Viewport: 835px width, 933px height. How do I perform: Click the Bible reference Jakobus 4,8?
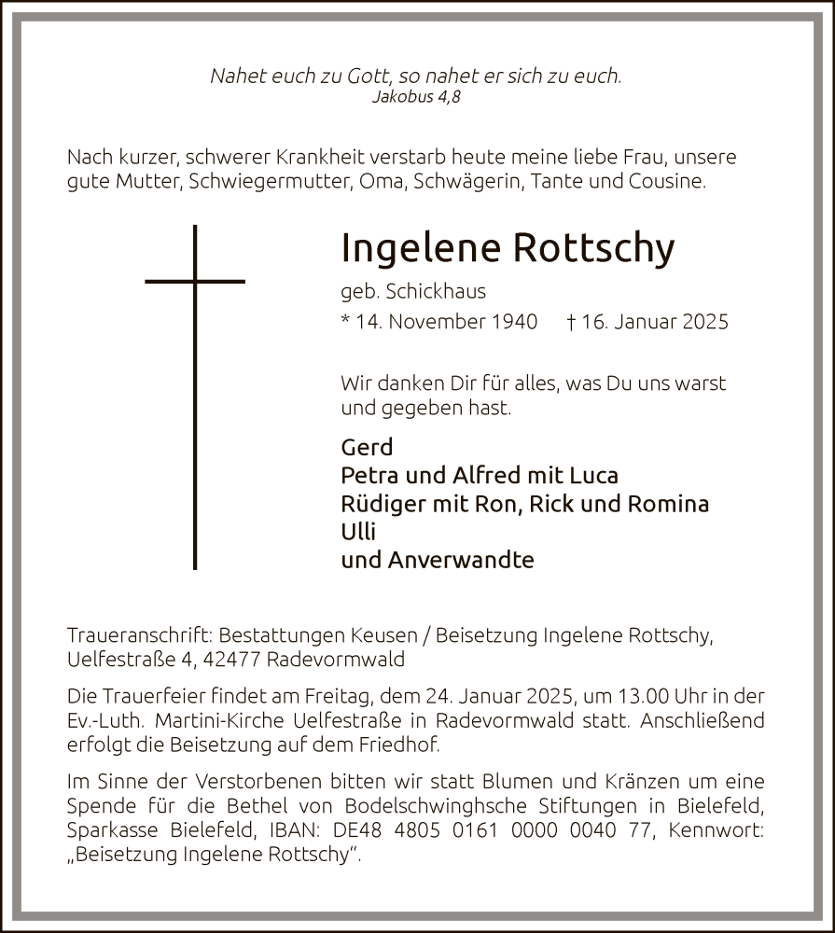coord(416,96)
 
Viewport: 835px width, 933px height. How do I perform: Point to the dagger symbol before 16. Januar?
coord(571,321)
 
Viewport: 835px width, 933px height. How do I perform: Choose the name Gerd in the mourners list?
coord(368,447)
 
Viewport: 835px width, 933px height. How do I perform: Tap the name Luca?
coord(593,475)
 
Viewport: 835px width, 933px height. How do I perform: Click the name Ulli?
coord(358,532)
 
